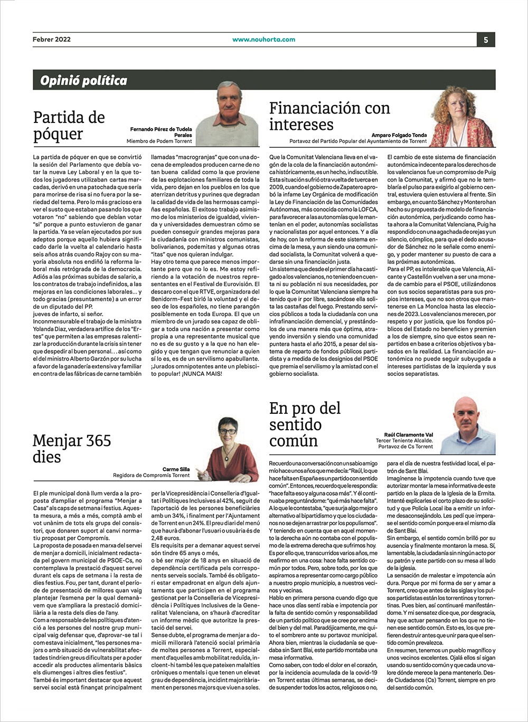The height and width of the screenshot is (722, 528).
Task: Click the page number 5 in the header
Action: point(486,40)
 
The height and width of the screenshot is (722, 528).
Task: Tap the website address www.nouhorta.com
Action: point(263,39)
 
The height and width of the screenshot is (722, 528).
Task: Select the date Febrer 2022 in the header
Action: point(52,39)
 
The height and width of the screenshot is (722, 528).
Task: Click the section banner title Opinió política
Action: point(84,80)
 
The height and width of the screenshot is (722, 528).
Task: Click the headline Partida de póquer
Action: point(69,126)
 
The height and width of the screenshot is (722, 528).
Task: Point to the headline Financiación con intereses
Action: point(329,116)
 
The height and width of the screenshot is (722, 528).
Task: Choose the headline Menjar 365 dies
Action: point(72,449)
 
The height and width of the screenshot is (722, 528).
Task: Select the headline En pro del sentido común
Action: point(305,424)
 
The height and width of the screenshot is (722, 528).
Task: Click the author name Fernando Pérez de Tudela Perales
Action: point(162,132)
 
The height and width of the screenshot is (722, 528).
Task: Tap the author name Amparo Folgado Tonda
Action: point(399,135)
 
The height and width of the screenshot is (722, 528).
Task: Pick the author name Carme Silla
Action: point(176,469)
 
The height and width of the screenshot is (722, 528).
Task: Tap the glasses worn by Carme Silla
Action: point(228,431)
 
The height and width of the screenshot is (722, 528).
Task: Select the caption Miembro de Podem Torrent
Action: point(159,141)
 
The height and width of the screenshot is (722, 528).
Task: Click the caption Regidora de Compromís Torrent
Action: point(151,476)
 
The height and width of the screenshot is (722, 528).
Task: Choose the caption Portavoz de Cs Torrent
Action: point(406,447)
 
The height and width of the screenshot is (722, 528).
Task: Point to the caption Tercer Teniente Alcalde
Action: point(404,441)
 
